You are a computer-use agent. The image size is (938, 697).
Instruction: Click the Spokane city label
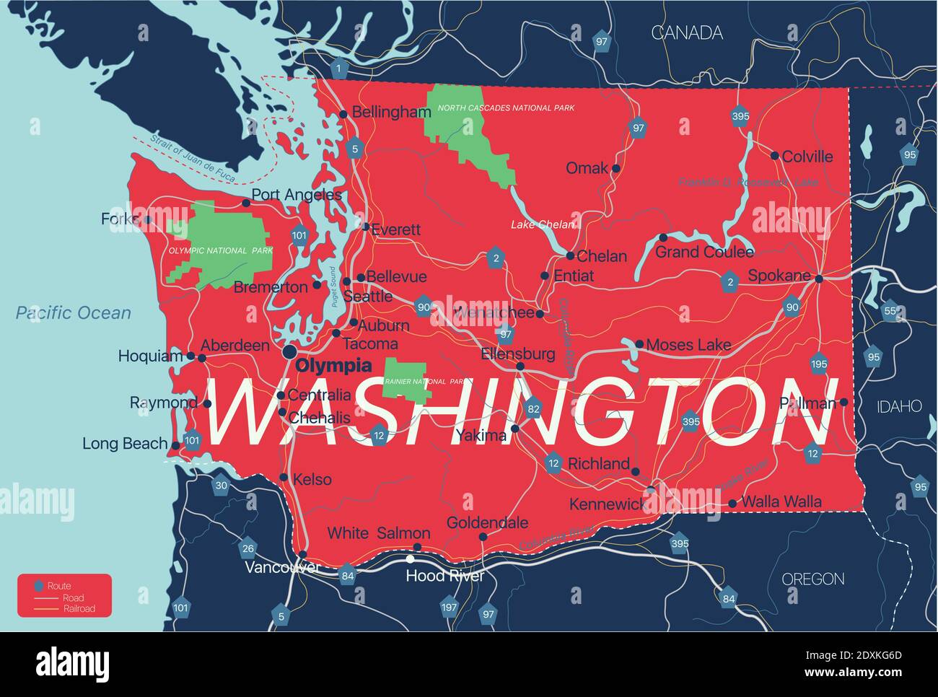[779, 276]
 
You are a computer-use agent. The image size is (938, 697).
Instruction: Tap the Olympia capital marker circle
[289, 351]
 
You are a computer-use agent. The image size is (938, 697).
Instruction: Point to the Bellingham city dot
[343, 113]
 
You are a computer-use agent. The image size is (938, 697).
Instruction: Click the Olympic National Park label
[221, 250]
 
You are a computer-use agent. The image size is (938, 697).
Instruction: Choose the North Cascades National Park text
[507, 108]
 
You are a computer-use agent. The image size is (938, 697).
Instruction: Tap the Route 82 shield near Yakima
[533, 408]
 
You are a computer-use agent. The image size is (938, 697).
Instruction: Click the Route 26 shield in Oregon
[248, 548]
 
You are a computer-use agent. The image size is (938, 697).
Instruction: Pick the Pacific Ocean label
[74, 312]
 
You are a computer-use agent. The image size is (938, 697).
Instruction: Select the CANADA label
[687, 32]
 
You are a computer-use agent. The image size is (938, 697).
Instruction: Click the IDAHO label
[899, 406]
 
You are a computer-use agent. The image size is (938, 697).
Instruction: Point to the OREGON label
[813, 579]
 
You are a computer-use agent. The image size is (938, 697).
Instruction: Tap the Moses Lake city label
[688, 345]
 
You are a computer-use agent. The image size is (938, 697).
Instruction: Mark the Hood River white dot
[411, 558]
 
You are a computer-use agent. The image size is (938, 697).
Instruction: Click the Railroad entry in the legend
[79, 608]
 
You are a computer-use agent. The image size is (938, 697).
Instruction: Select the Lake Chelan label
[543, 224]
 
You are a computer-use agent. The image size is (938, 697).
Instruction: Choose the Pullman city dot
[843, 402]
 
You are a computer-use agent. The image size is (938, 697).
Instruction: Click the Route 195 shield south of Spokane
[818, 364]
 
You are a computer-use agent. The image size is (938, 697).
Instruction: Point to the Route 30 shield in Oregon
[221, 485]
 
